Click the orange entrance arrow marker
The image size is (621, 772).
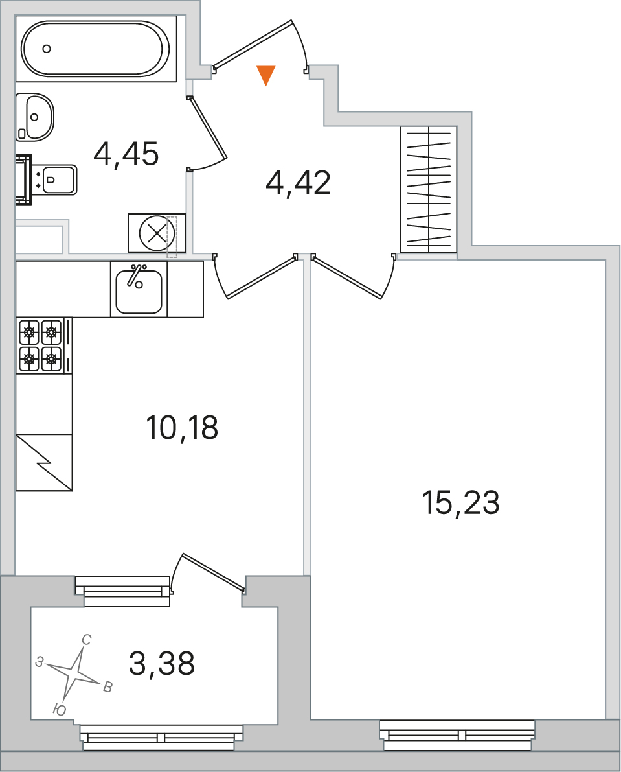pyautogui.click(x=265, y=75)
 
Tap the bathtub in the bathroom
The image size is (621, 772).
pyautogui.click(x=96, y=48)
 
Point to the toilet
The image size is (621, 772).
pyautogui.click(x=47, y=180)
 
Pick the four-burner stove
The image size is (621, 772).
pyautogui.click(x=44, y=345)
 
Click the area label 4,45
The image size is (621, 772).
pyautogui.click(x=126, y=154)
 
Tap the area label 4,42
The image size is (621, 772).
pyautogui.click(x=298, y=183)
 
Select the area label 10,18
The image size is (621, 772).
pyautogui.click(x=183, y=427)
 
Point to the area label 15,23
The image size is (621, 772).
pyautogui.click(x=460, y=503)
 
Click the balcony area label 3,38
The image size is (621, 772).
pyautogui.click(x=162, y=663)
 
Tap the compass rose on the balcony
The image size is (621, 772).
pyautogui.click(x=74, y=672)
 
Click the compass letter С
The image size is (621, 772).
pyautogui.click(x=86, y=640)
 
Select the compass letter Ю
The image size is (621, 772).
pyautogui.click(x=59, y=710)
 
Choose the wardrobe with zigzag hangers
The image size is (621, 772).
pyautogui.click(x=429, y=189)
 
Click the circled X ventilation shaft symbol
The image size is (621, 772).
pyautogui.click(x=157, y=233)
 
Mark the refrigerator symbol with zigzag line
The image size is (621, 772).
pyautogui.click(x=44, y=462)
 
